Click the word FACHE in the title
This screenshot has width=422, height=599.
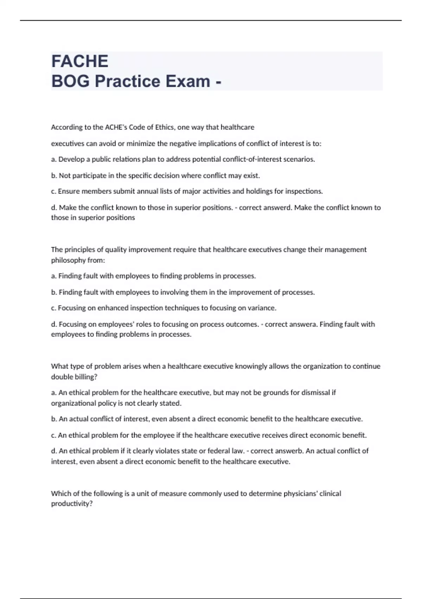click(80, 61)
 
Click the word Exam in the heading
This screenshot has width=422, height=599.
click(188, 81)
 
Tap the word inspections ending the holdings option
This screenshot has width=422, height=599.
click(303, 191)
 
